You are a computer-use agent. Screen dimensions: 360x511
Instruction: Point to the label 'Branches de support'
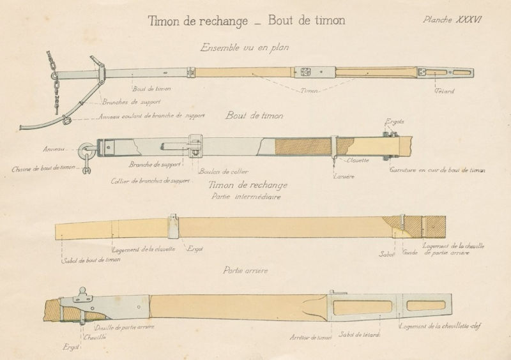point(131,102)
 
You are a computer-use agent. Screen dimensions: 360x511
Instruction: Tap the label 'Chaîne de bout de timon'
point(43,169)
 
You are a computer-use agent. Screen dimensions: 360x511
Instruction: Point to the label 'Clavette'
point(360,160)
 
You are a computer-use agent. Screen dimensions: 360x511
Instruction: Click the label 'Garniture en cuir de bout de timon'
point(438,170)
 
